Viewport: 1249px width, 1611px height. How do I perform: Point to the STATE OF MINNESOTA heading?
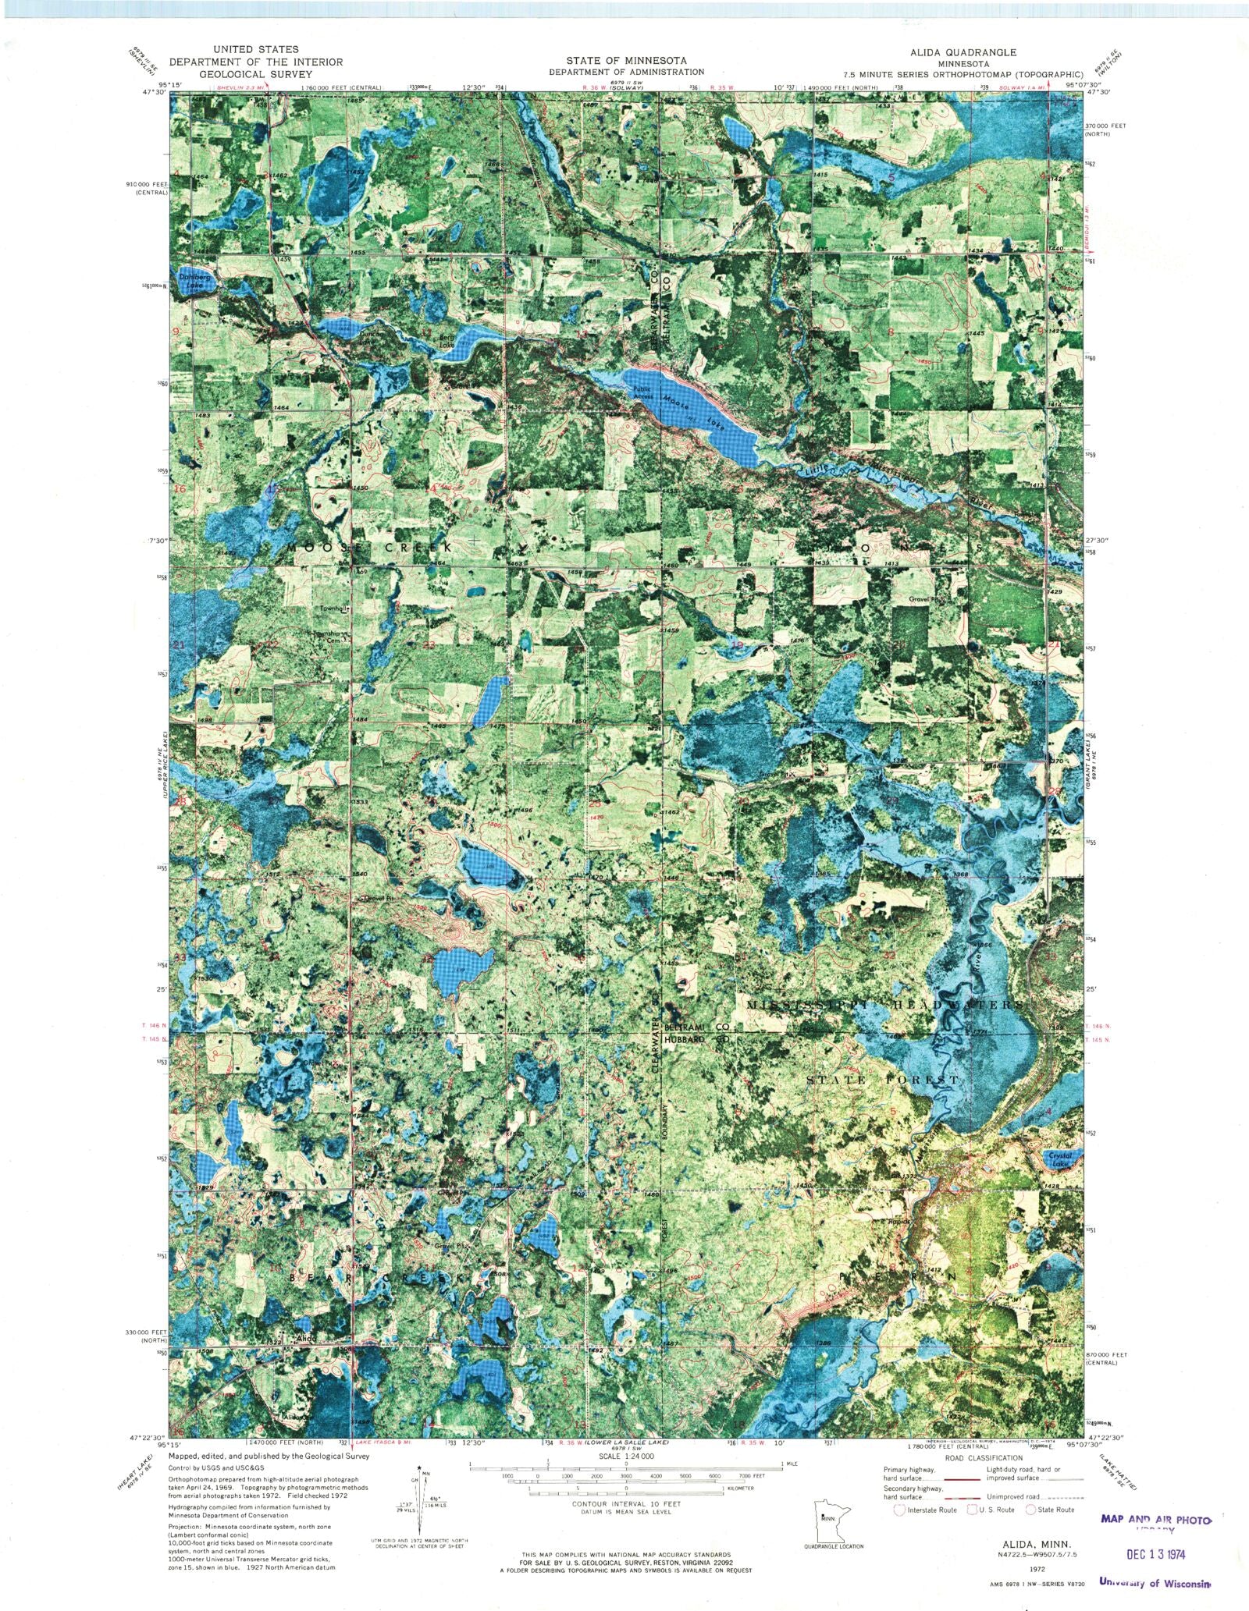[x=627, y=61]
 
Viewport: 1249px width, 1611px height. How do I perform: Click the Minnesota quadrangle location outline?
[x=826, y=1517]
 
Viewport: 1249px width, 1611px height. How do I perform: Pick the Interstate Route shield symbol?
[x=900, y=1510]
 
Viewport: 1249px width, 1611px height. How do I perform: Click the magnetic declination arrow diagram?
[x=422, y=1504]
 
